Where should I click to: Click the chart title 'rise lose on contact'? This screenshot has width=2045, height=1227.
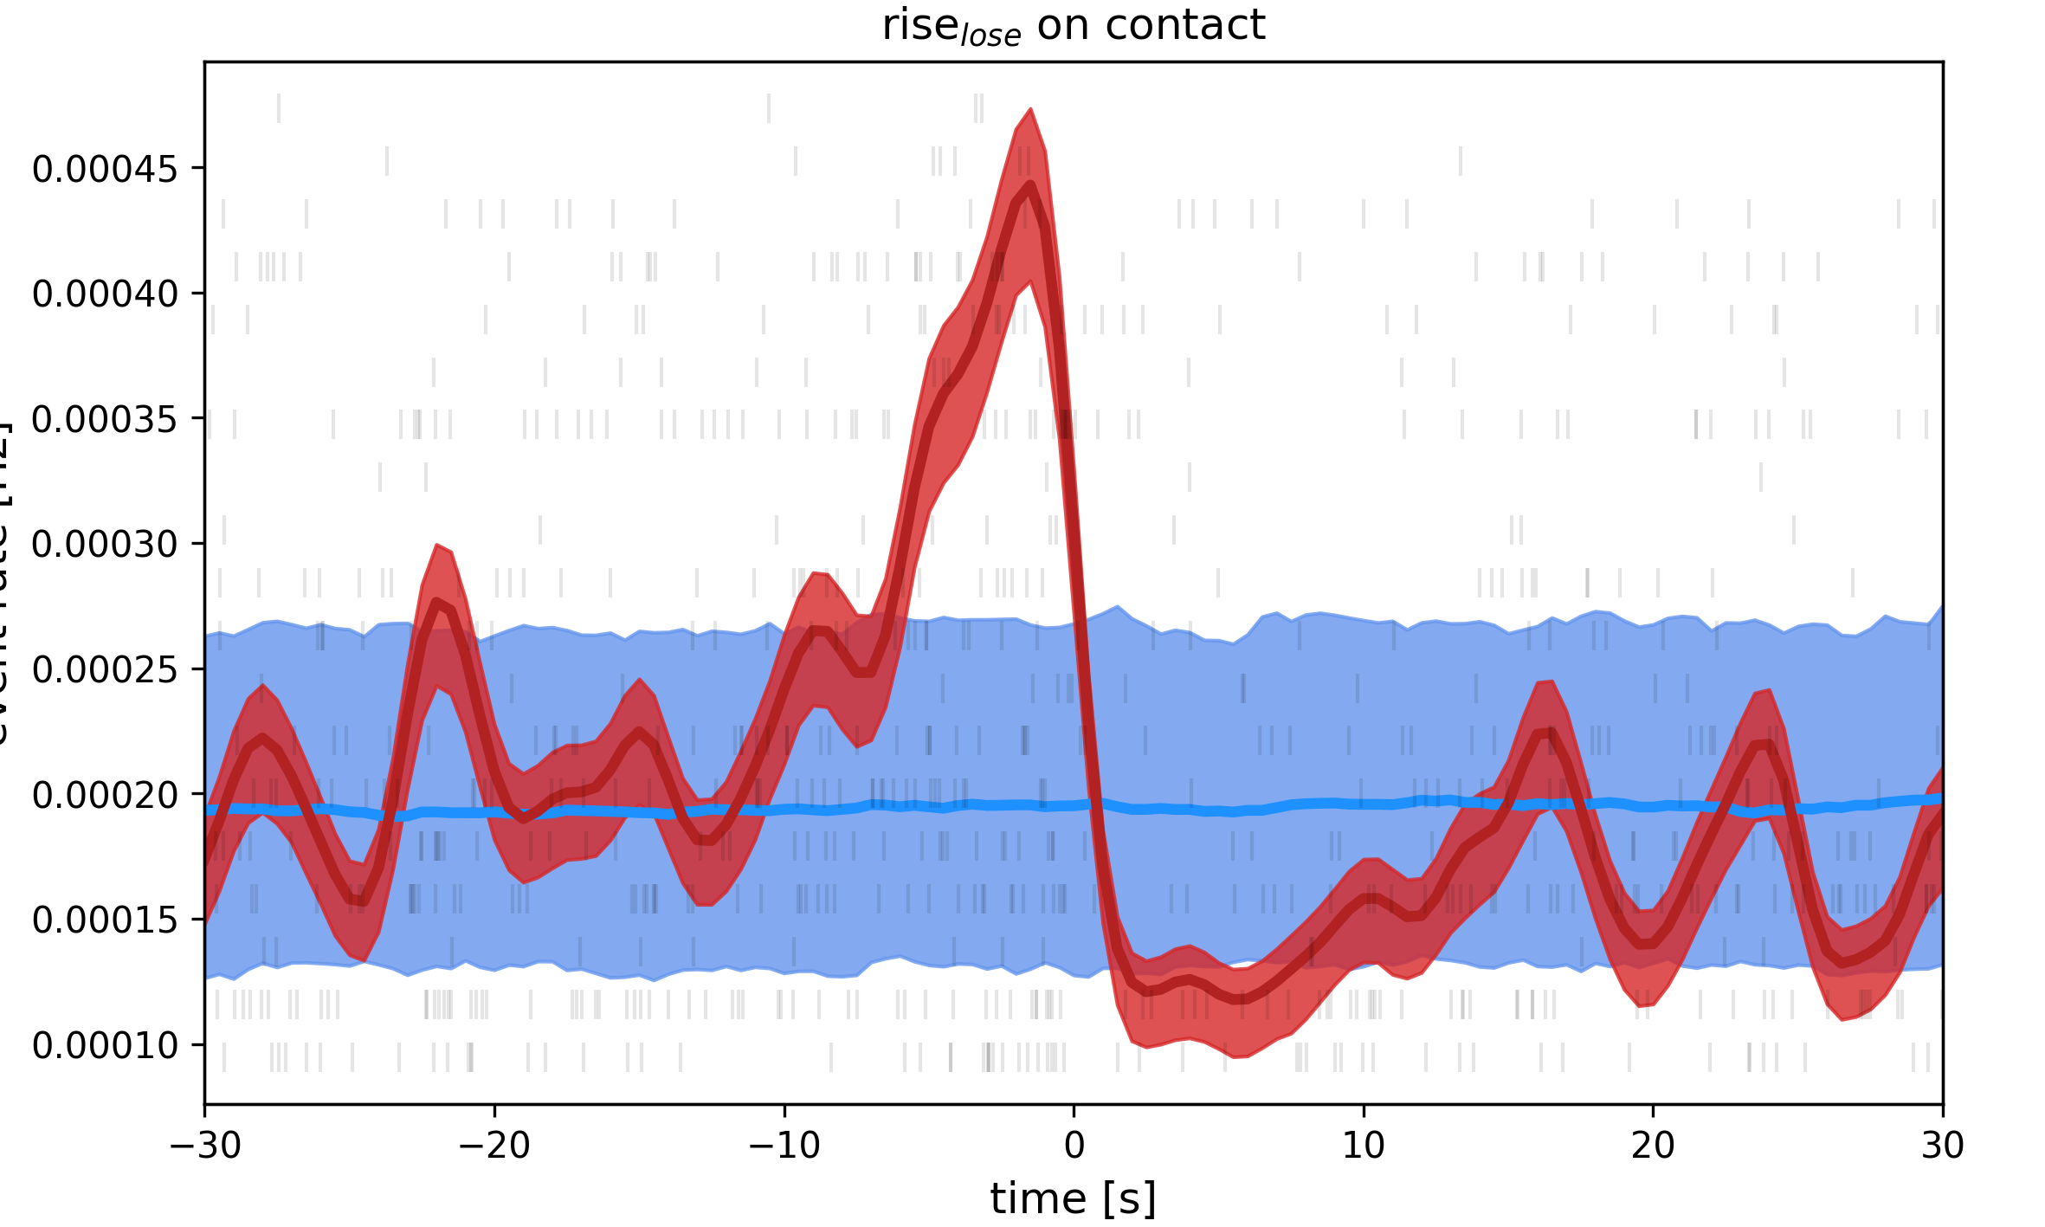pos(1074,26)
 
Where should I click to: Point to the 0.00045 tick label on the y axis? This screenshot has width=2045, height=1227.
pos(105,169)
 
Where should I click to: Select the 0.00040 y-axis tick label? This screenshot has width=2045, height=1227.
pos(105,294)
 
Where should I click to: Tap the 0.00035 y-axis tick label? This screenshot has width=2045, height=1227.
pos(105,419)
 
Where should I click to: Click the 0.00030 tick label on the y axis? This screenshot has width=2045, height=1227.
pos(105,545)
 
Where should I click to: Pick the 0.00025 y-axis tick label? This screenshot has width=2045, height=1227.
pos(105,669)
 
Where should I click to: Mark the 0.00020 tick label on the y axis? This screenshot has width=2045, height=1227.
pos(105,795)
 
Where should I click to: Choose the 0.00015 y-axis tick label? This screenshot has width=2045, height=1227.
pos(105,920)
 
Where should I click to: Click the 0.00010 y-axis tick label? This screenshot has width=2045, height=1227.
pos(105,1045)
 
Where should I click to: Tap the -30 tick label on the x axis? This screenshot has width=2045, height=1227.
pos(205,1146)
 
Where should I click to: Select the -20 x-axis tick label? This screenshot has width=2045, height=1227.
pos(494,1146)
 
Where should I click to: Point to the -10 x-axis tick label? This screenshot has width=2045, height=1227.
pos(784,1146)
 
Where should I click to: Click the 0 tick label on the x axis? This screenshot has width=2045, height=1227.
pos(1074,1146)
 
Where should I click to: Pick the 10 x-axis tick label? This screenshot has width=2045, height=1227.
pos(1364,1146)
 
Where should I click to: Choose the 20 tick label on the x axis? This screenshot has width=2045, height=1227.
pos(1653,1146)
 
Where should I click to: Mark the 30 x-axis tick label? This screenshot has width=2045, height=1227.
pos(1943,1146)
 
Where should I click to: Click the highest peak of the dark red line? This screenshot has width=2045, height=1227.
pos(1030,184)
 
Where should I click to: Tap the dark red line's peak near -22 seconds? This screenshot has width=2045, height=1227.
pos(437,602)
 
